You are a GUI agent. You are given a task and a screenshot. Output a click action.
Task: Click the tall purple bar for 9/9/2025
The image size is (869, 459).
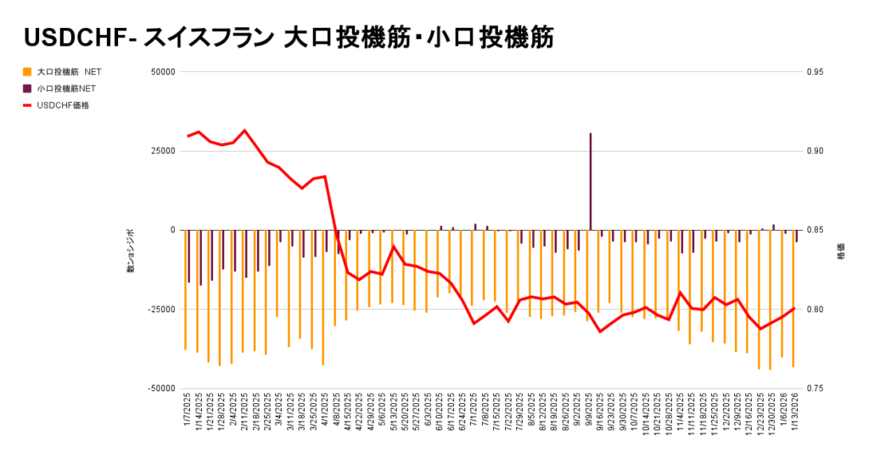[x=590, y=182]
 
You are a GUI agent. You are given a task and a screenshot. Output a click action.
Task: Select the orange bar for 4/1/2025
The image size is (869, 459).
[x=323, y=297]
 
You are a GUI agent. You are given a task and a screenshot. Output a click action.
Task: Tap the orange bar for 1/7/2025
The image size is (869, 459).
[x=185, y=289]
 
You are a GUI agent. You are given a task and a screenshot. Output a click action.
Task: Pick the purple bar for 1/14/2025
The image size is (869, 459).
[x=200, y=257]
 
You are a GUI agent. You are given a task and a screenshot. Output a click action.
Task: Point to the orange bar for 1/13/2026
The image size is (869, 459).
[x=793, y=298]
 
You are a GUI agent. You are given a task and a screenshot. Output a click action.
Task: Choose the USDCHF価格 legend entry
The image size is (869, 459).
[x=64, y=105]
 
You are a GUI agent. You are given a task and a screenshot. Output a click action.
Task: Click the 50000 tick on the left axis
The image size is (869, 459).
[x=161, y=72]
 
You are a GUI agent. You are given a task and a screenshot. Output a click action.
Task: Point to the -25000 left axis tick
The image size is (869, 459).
[x=160, y=310]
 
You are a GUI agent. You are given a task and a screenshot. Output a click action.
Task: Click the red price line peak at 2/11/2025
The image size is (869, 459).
[x=245, y=131]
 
